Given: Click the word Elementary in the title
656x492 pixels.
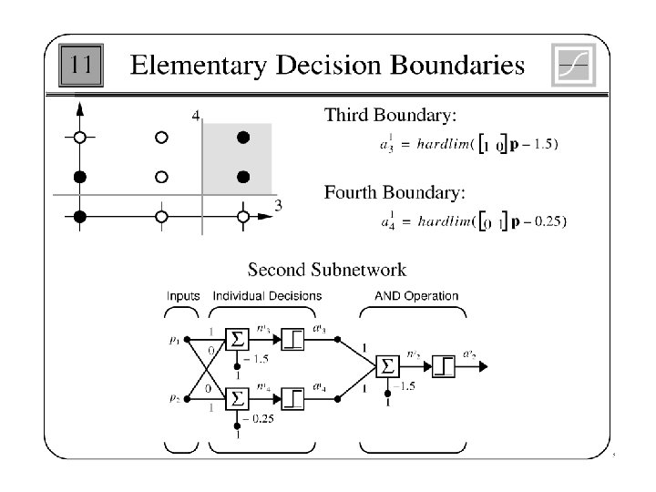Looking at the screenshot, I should [x=189, y=66].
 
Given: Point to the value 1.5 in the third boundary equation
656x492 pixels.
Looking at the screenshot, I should [x=542, y=143].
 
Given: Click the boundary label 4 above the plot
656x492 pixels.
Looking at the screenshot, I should [x=197, y=115].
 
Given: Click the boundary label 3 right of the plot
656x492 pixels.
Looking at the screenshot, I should [x=278, y=204].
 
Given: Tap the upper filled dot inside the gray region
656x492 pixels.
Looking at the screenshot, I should [x=242, y=138].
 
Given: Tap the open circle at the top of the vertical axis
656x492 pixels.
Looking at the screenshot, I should [x=80, y=138].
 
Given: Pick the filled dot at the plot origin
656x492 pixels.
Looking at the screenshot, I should [x=80, y=216].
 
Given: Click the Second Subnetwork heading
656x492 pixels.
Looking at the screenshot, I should [x=327, y=270].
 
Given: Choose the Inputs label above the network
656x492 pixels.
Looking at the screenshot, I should [x=183, y=296].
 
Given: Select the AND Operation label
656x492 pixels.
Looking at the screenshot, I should [x=416, y=296].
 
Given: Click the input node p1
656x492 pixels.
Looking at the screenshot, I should [x=188, y=339].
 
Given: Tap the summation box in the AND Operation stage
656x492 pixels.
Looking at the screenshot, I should [x=386, y=367].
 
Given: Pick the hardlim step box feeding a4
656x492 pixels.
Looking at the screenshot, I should [x=294, y=398].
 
